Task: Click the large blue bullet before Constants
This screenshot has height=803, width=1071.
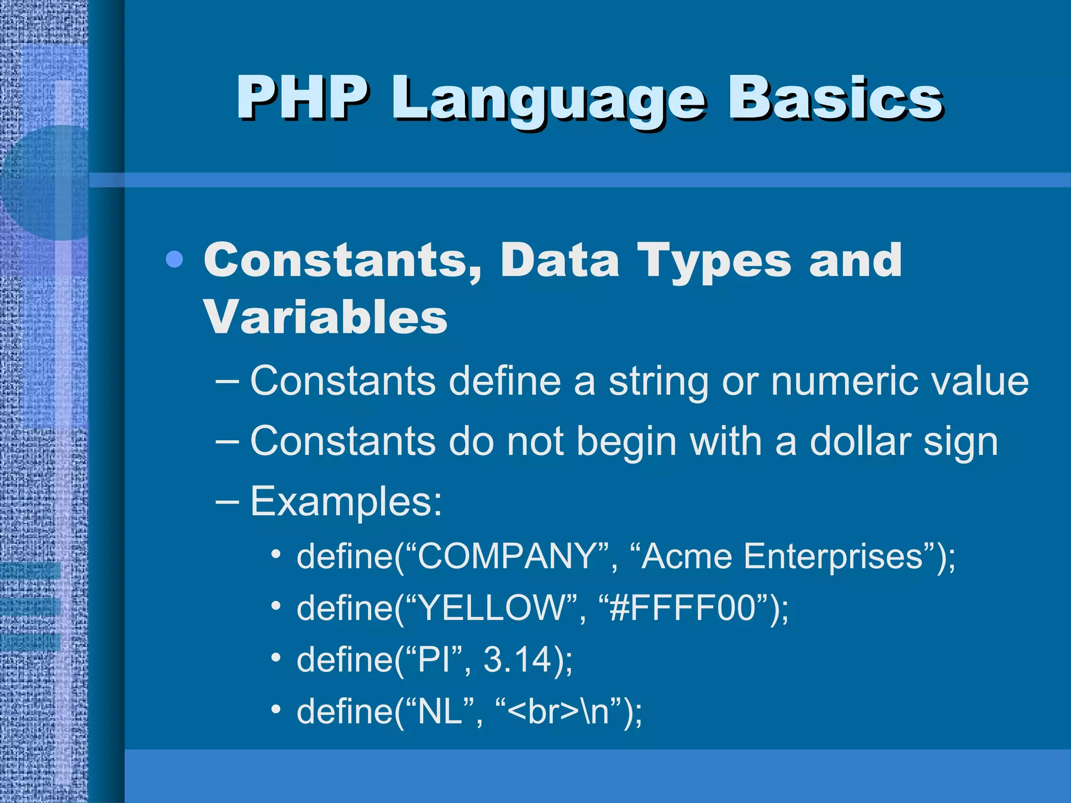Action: [174, 259]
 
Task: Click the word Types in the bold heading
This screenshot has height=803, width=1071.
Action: [714, 261]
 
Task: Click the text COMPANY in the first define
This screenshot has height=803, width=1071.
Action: [506, 556]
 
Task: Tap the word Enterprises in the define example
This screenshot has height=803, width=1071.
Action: [833, 557]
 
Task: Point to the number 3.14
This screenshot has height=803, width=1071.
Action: [517, 659]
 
